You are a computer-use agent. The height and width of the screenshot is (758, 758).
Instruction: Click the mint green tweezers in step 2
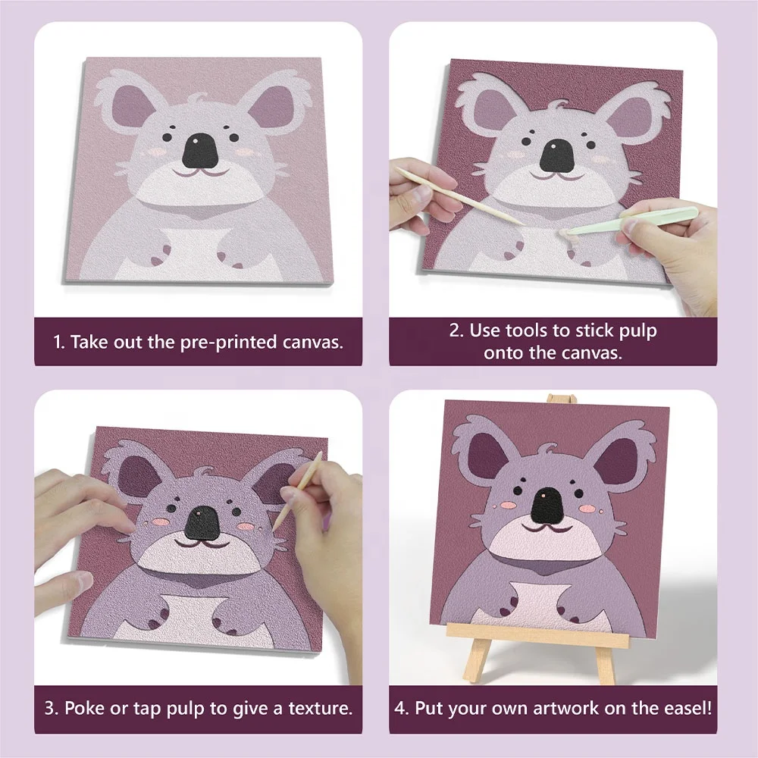tap(637, 220)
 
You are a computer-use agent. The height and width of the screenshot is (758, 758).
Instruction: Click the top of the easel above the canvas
tap(562, 399)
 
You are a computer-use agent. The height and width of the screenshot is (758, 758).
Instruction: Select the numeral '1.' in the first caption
tap(59, 341)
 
